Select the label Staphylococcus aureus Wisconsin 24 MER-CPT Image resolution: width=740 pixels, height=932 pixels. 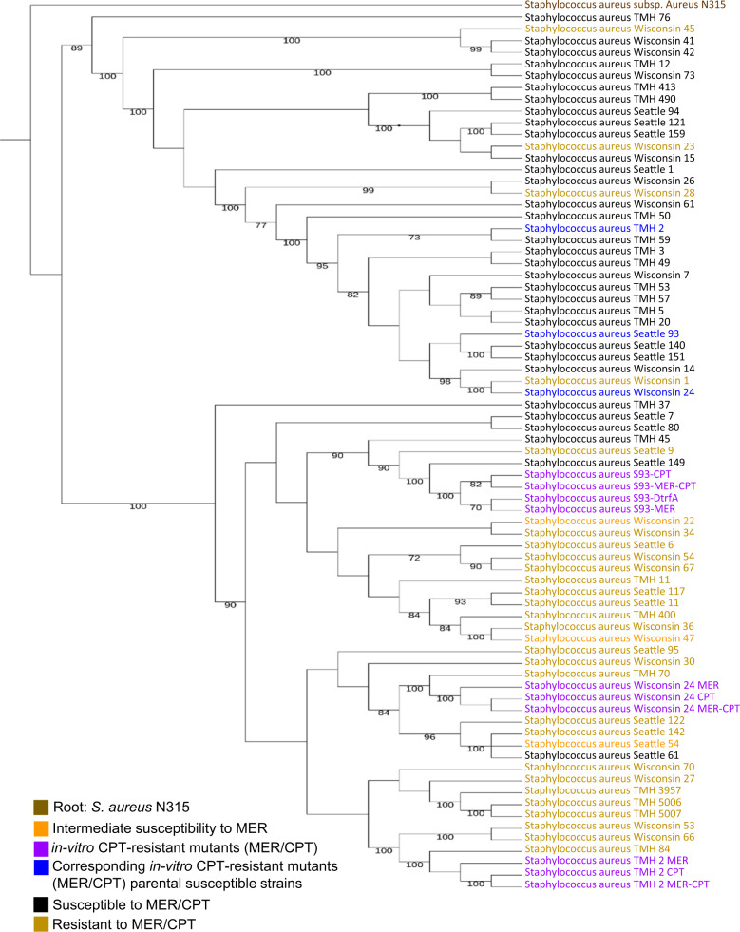click(x=632, y=708)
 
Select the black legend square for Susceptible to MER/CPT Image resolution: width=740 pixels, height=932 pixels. click(x=39, y=899)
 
